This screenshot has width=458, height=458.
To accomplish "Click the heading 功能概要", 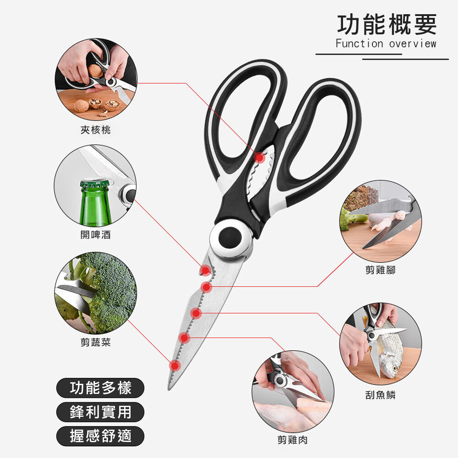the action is [x=387, y=25].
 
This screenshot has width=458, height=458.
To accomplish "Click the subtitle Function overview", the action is [x=386, y=44].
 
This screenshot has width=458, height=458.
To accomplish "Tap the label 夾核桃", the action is [x=96, y=130].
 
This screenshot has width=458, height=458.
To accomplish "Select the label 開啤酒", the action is [x=96, y=234].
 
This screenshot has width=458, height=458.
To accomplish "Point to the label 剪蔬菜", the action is [x=96, y=342].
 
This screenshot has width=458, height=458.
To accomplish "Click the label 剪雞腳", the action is [x=380, y=270].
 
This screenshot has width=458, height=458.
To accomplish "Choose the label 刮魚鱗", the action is [x=380, y=395].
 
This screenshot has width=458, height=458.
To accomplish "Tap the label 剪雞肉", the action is [x=292, y=440].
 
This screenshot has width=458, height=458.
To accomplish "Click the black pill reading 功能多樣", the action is [x=100, y=388].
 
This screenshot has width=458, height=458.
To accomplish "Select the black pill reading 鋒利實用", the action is [x=100, y=412].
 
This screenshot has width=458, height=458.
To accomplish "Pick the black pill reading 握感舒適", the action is [x=100, y=436].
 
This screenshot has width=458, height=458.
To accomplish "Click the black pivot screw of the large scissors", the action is [x=230, y=237].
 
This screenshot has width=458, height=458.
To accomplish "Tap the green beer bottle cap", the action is [x=94, y=184].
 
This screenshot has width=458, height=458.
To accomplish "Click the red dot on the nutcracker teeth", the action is [x=259, y=158].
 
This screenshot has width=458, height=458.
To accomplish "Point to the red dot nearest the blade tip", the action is [x=175, y=365].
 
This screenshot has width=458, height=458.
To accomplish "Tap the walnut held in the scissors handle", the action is [x=96, y=71].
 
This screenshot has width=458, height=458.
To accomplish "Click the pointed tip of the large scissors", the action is [x=169, y=389].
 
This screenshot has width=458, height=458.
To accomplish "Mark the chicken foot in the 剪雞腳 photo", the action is [x=388, y=222].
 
